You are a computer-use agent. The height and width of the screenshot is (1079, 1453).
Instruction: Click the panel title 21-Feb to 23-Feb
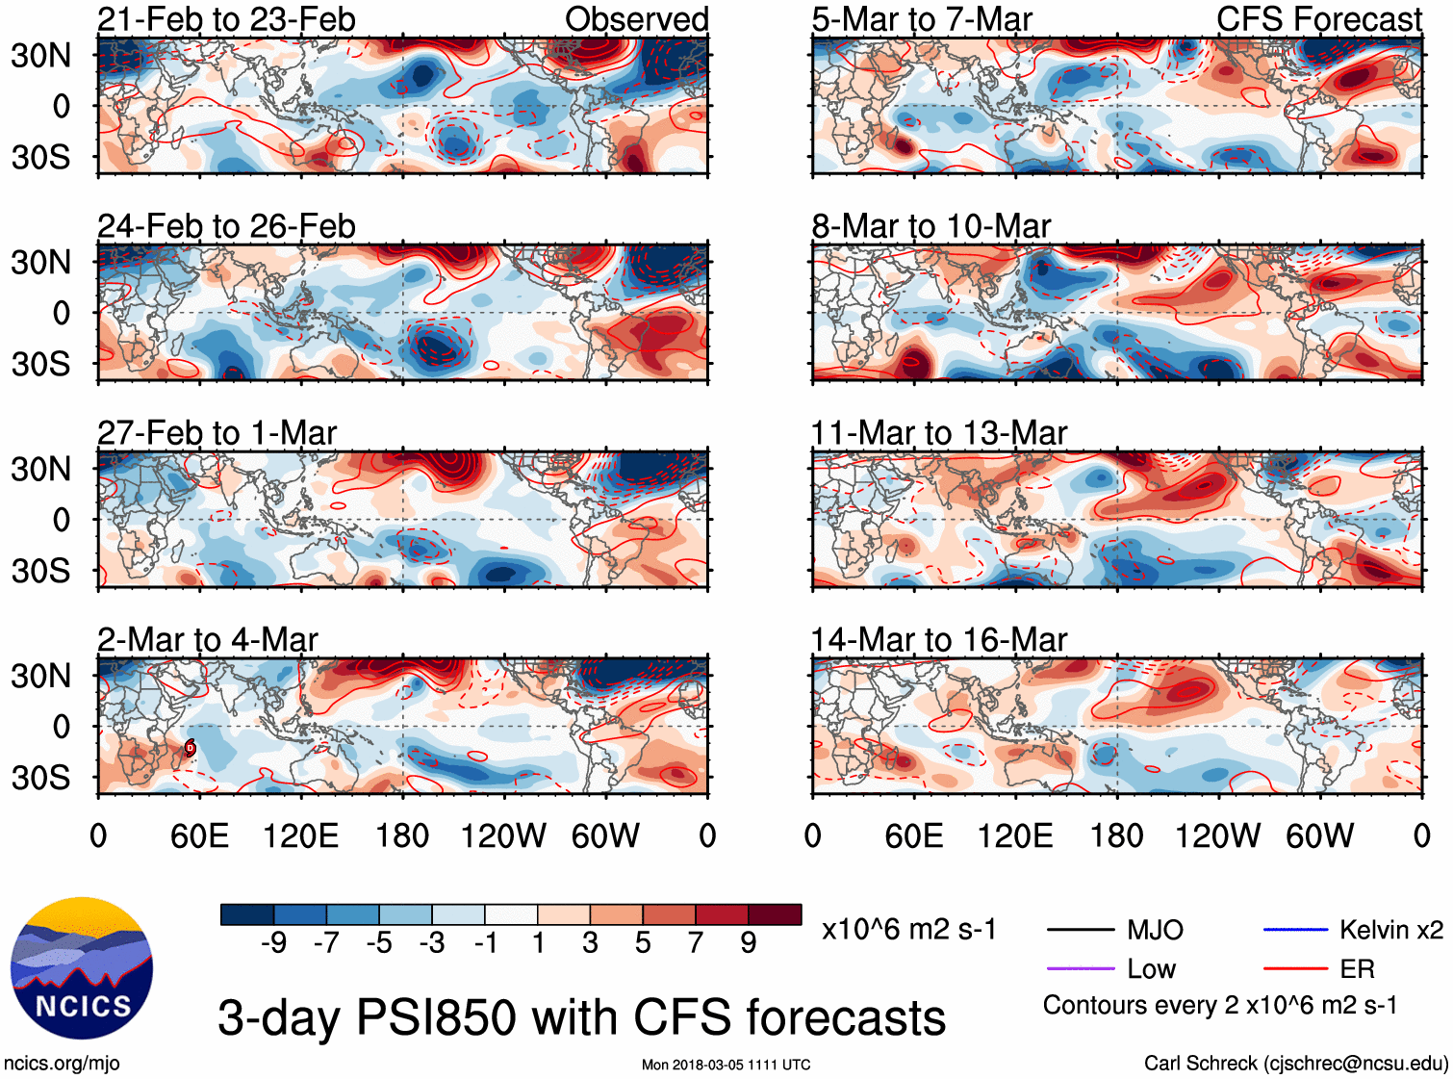click(226, 19)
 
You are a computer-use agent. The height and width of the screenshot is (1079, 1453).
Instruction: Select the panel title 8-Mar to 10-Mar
click(930, 226)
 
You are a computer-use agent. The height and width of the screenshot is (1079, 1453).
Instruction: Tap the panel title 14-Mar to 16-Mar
click(938, 640)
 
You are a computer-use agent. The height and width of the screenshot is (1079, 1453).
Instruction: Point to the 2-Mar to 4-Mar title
click(207, 640)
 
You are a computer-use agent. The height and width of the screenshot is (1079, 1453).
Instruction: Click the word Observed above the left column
click(636, 19)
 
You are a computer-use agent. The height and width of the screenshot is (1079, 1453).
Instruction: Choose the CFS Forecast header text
click(1318, 19)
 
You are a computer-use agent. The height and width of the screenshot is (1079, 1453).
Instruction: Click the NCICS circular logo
click(82, 968)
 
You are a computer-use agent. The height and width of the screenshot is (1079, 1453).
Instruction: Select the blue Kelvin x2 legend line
click(1295, 930)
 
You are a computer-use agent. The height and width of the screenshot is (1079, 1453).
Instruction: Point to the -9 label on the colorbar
click(273, 943)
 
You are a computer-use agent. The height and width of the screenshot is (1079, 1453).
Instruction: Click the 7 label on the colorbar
click(696, 943)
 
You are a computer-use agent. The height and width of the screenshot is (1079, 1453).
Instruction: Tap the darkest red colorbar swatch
click(775, 914)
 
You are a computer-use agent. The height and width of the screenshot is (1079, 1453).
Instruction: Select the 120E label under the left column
click(300, 835)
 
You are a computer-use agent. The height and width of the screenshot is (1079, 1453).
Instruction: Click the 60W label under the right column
click(1319, 835)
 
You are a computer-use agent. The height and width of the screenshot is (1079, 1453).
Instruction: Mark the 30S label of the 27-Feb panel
click(40, 571)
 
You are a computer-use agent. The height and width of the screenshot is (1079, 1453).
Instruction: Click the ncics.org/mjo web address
click(62, 1064)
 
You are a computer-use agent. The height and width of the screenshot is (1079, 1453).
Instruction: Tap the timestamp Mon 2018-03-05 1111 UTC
click(726, 1065)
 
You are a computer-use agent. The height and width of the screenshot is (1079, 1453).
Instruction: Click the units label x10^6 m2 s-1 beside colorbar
click(908, 930)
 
